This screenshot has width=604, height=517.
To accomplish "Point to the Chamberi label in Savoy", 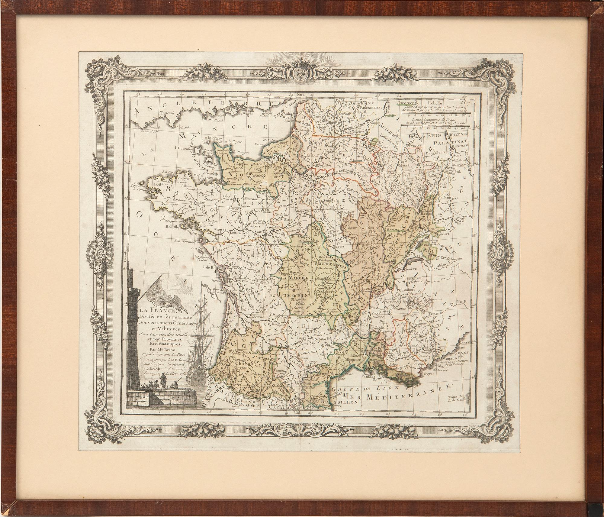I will (408, 289).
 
